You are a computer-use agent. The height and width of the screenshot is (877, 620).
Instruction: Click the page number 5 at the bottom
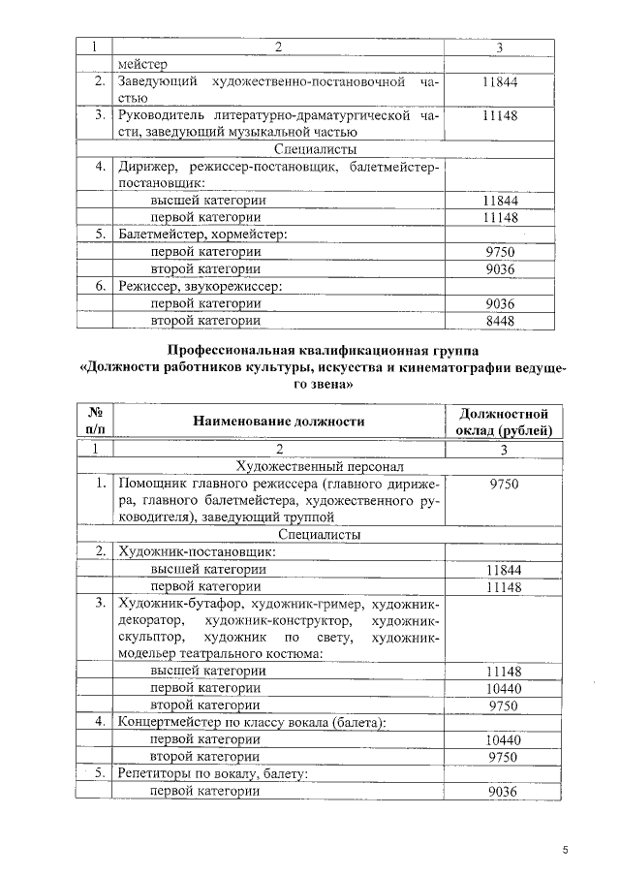[x=565, y=850]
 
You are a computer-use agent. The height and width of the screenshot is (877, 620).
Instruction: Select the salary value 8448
[x=499, y=320]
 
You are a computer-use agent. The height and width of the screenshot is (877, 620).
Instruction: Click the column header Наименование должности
[x=278, y=421]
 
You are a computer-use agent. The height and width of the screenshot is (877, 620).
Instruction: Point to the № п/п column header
[x=95, y=422]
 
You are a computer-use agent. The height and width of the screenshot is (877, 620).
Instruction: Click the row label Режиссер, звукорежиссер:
[x=200, y=286]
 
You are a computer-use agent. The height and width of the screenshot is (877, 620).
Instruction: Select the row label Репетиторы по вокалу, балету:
[x=212, y=773]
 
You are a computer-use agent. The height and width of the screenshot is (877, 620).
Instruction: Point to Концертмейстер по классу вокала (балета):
[x=252, y=722]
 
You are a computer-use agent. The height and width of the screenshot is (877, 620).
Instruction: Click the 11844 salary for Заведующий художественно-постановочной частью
[x=499, y=82]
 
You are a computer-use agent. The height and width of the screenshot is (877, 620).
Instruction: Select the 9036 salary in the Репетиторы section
[x=499, y=791]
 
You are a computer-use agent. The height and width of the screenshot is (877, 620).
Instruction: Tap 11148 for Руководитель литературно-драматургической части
[x=499, y=115]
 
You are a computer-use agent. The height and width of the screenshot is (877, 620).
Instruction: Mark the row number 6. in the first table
[x=98, y=286]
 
